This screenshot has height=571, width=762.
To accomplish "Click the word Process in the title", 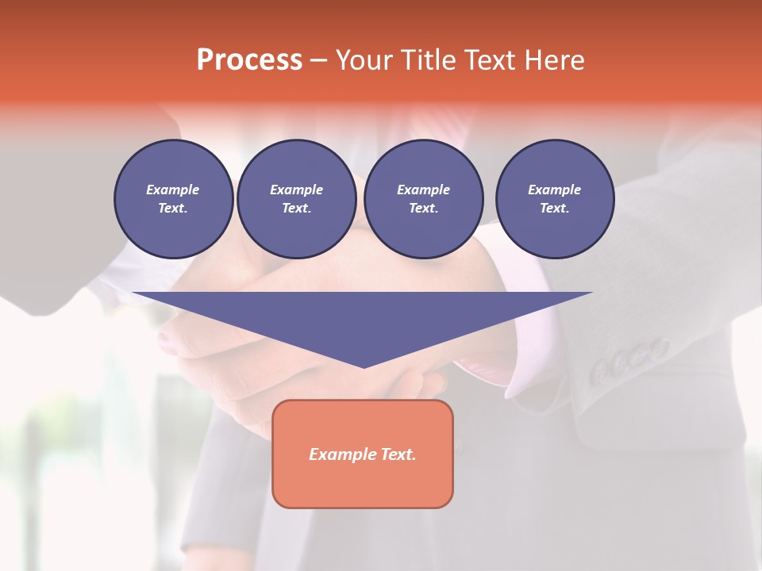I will click(x=249, y=60).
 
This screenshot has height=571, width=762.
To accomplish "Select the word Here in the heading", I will click(x=556, y=60).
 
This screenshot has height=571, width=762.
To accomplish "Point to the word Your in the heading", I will click(x=364, y=60).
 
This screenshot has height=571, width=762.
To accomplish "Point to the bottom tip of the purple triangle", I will click(x=364, y=366).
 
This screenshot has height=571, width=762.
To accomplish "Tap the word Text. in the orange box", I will click(x=399, y=454).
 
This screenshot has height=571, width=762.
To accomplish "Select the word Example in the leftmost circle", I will click(x=173, y=190).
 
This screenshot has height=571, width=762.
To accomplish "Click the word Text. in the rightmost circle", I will click(x=555, y=208).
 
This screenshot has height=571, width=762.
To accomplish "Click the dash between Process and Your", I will click(x=319, y=60).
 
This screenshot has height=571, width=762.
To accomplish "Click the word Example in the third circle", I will click(x=423, y=190).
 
